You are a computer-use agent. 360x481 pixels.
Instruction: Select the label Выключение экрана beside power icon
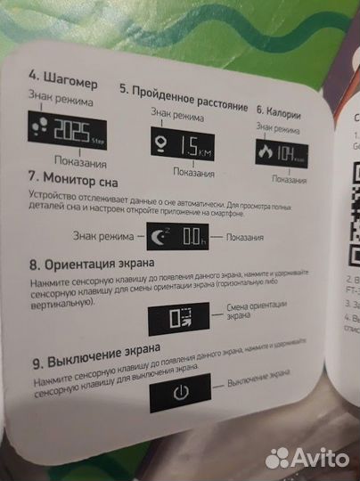tap(260, 382)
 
